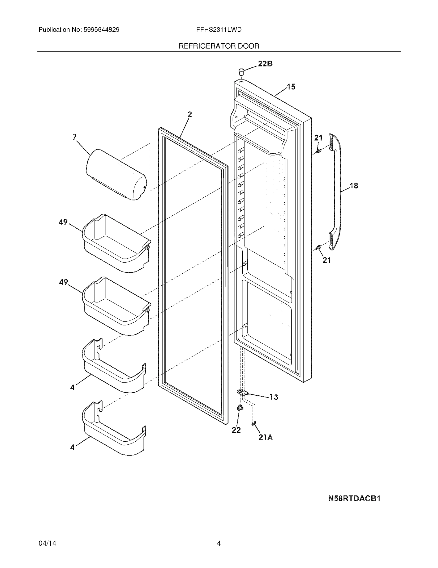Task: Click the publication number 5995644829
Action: (101, 30)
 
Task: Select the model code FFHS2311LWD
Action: (219, 30)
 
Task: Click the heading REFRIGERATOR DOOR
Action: (219, 46)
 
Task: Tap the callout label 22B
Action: (265, 64)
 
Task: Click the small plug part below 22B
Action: (241, 71)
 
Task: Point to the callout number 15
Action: (291, 87)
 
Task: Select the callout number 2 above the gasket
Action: (190, 115)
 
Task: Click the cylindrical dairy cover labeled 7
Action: (116, 174)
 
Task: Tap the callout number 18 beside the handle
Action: (354, 186)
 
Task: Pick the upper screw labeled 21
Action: (319, 151)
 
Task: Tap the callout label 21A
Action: (266, 438)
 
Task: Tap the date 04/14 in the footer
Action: (47, 543)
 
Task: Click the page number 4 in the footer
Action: (219, 543)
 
